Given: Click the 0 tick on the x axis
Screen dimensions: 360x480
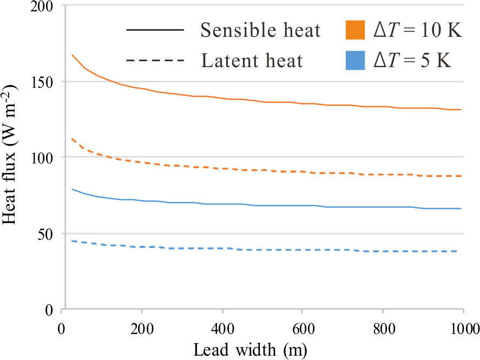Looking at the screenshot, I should [x=62, y=328].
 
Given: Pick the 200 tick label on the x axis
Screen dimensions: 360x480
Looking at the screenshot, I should [x=142, y=328].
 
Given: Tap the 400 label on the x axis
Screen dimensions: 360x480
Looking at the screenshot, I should [x=222, y=328].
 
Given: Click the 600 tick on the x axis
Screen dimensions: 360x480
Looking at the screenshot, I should [x=302, y=328].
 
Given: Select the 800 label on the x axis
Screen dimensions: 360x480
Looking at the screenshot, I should [x=382, y=328].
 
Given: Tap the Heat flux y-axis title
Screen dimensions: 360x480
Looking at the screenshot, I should [x=12, y=157].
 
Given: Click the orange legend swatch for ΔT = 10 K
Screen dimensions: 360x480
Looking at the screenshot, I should [x=355, y=30].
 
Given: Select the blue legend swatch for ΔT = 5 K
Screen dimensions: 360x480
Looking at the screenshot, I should [x=355, y=60].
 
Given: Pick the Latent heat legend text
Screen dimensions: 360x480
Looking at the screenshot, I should [x=252, y=60].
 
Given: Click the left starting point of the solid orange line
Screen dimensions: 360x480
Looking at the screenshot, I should [x=72, y=55].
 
